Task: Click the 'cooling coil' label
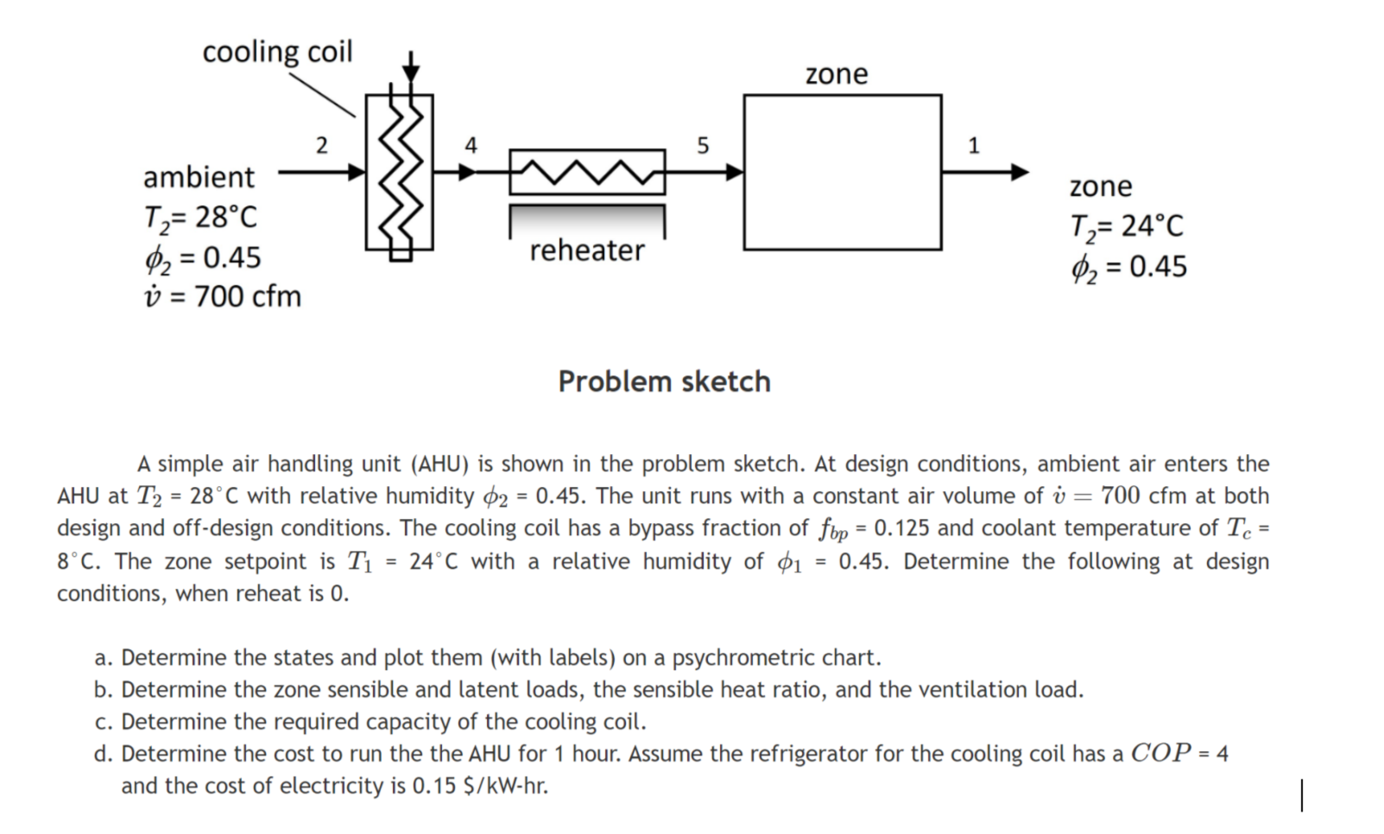coord(277,52)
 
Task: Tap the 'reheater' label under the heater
coord(586,250)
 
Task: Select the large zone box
coord(842,173)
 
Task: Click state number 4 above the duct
coord(471,145)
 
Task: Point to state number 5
coord(702,145)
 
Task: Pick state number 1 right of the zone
coord(974,145)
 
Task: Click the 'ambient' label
coord(199,177)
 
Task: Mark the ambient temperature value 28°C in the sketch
coord(225,217)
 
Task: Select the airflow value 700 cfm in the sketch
coord(247,296)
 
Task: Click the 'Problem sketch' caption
coord(664,381)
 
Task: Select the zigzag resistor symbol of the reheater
coord(587,173)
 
